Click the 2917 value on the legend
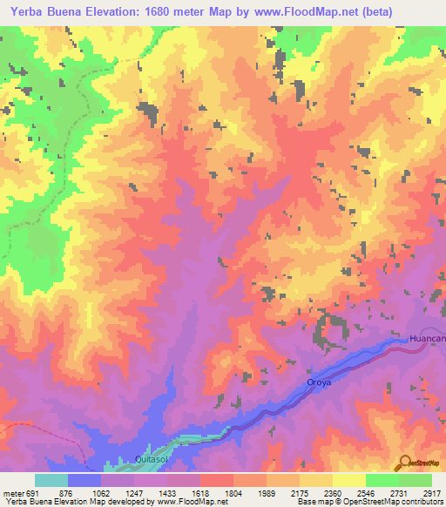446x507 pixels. (x=433, y=492)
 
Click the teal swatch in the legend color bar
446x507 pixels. (x=51, y=480)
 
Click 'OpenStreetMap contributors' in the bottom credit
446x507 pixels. (x=390, y=502)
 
